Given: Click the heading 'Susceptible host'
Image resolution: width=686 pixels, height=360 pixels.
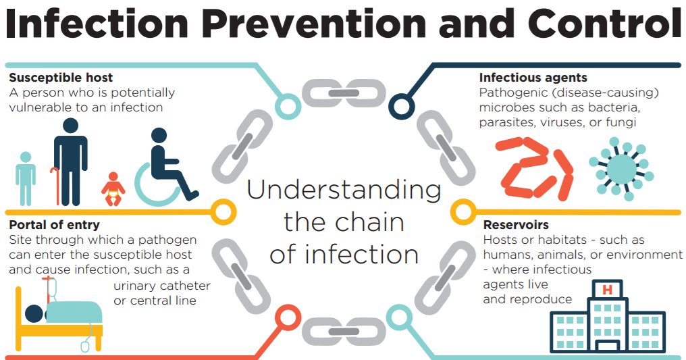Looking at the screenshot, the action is [x=61, y=78].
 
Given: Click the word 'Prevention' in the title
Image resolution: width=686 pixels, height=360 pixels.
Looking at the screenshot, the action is [x=321, y=26].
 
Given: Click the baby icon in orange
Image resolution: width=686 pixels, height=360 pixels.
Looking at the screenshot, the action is [x=113, y=190].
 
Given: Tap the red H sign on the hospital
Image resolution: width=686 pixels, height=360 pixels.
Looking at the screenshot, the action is [x=606, y=290].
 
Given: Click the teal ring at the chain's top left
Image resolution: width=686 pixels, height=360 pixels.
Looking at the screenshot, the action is [x=288, y=105].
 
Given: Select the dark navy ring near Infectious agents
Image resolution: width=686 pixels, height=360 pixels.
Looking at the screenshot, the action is [x=401, y=106].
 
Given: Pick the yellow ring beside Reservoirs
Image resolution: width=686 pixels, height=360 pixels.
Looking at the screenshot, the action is [x=463, y=212].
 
